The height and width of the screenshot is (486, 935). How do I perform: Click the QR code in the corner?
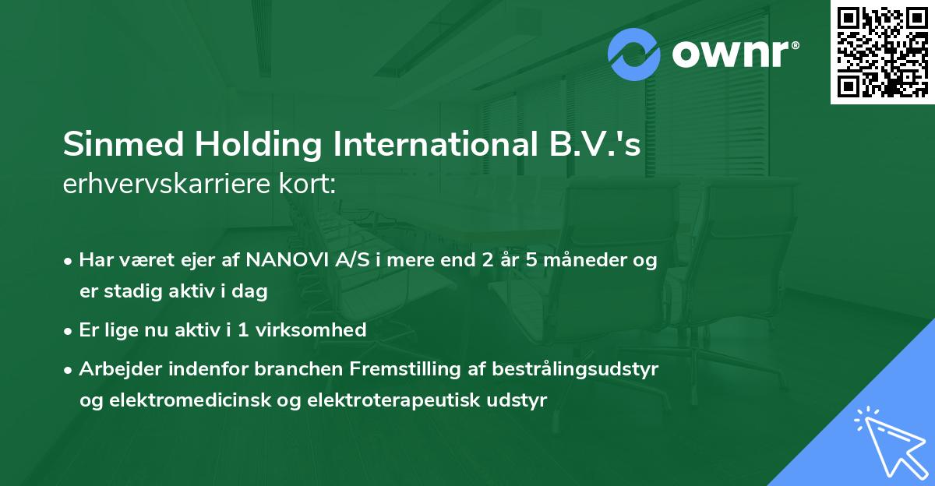tap(881, 52)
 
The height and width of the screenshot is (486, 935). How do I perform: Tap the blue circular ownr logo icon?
tap(635, 55)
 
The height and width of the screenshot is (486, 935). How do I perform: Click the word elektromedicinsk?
tap(199, 400)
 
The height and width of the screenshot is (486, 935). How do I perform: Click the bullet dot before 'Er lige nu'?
tap(69, 330)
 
